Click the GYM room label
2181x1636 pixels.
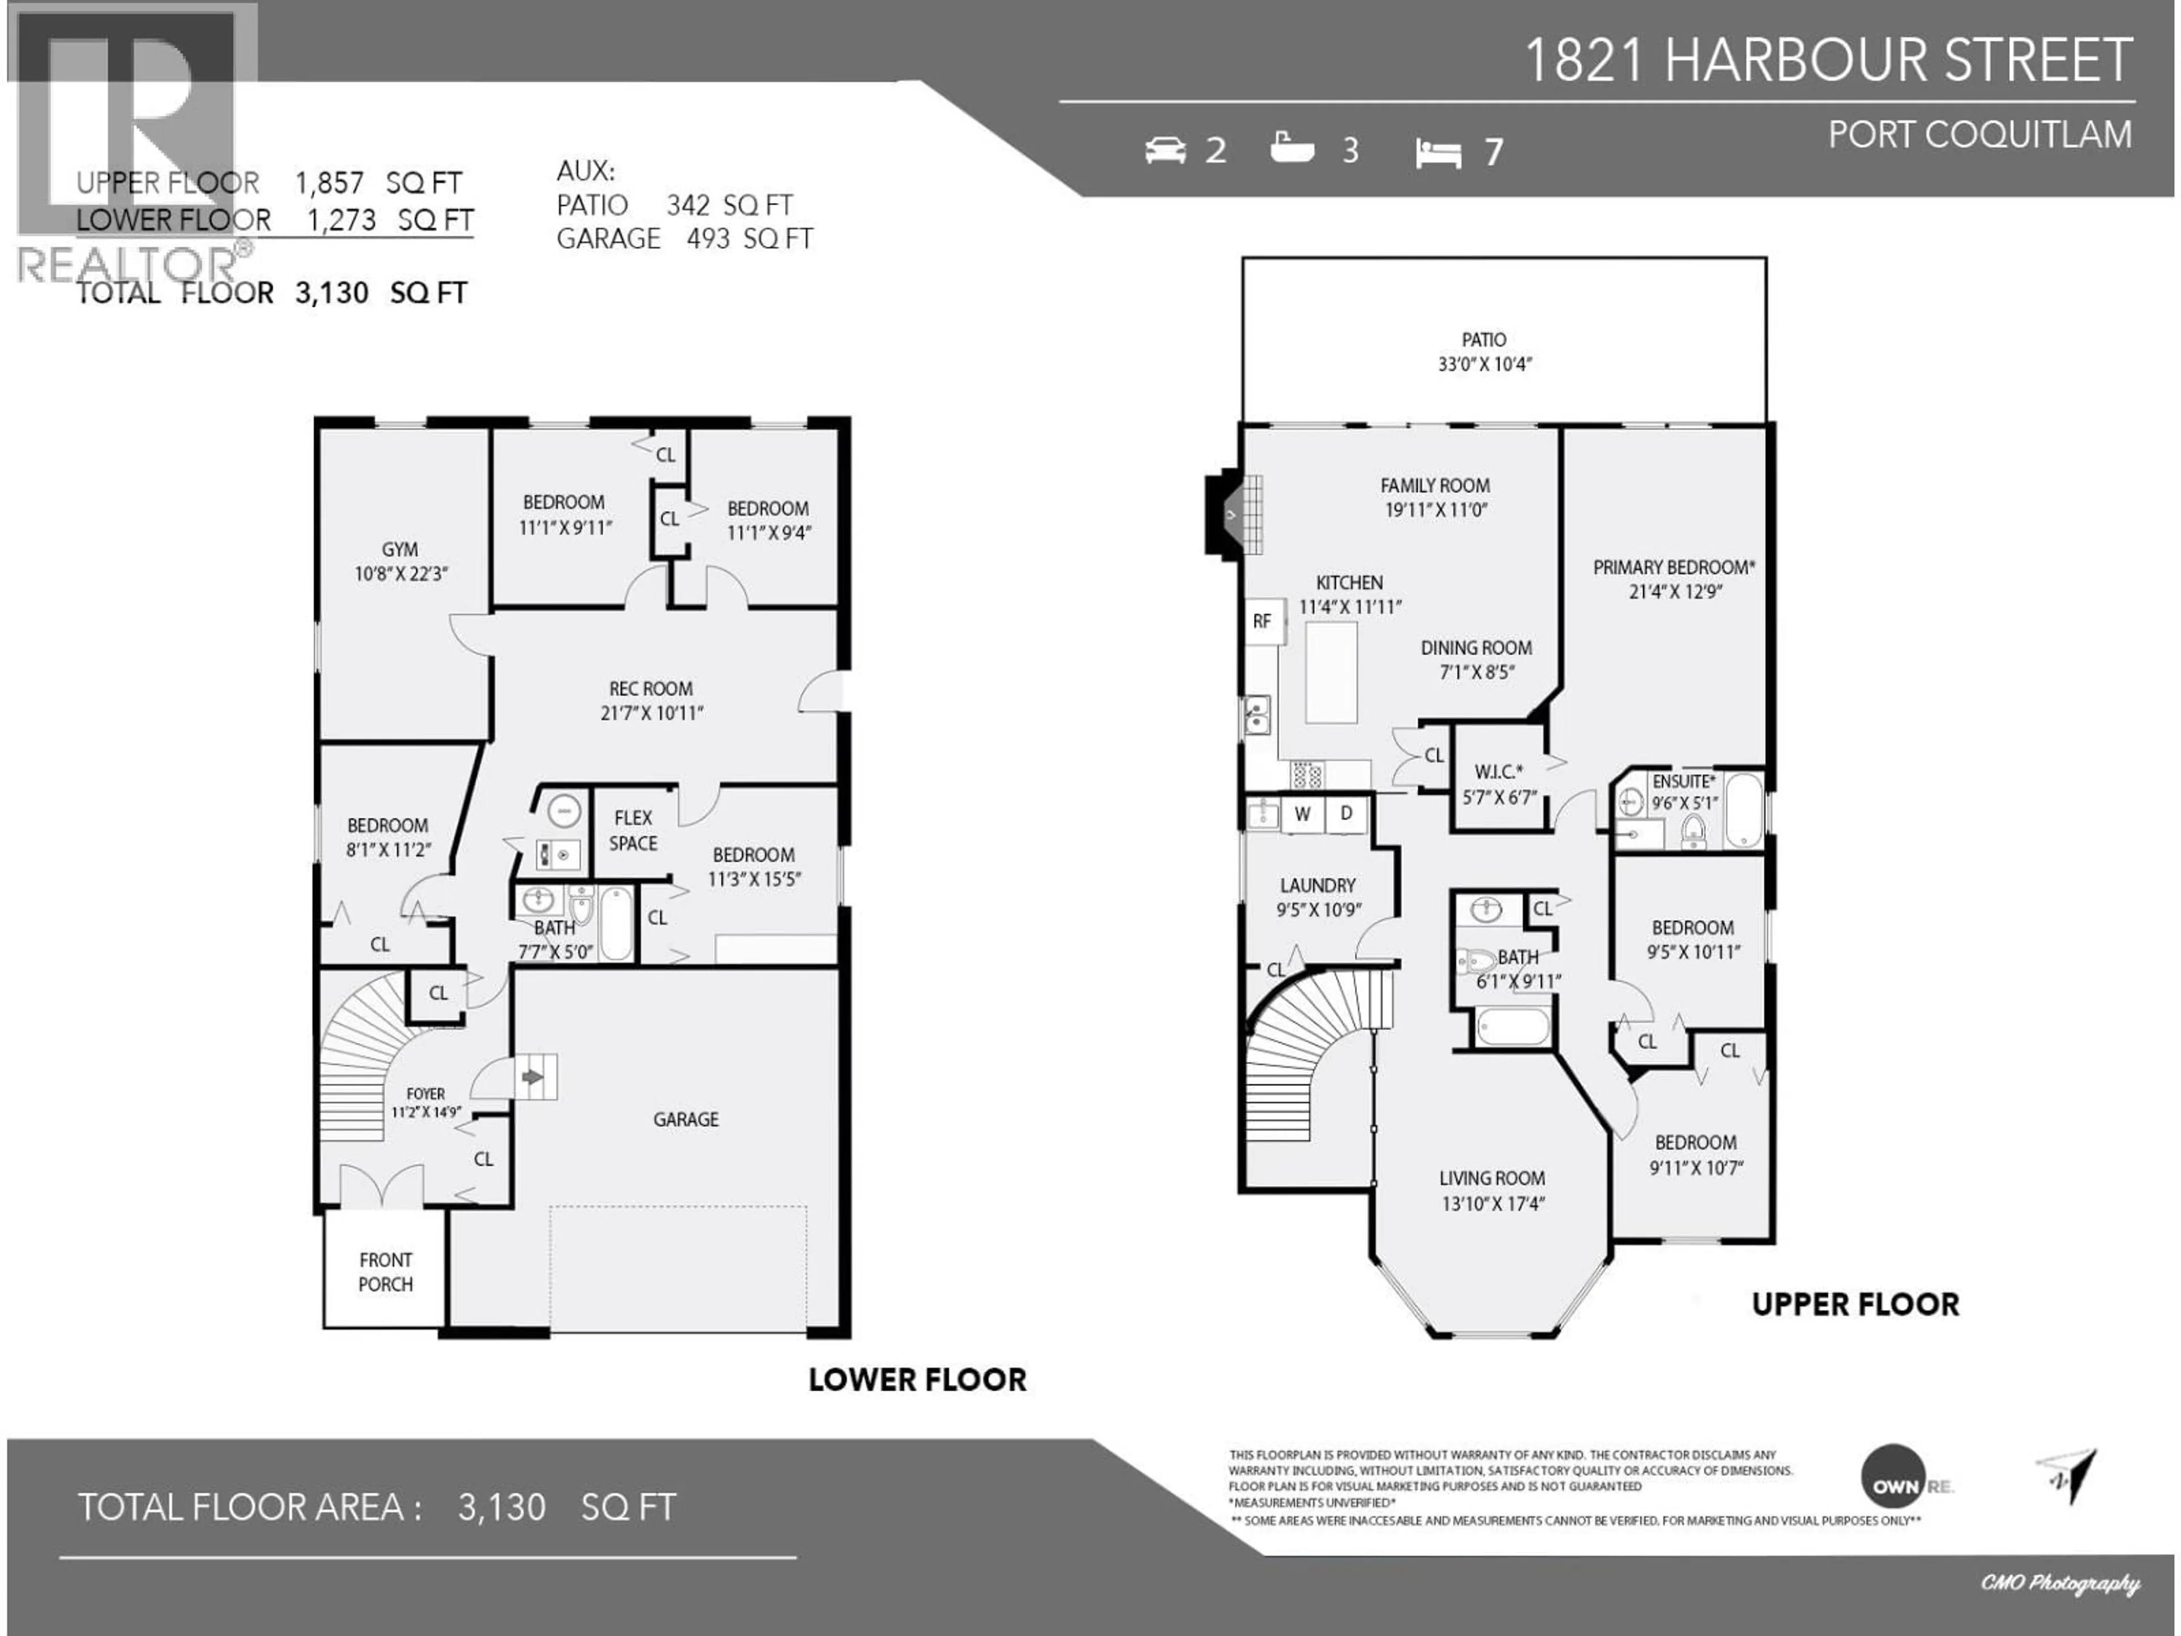click(x=399, y=549)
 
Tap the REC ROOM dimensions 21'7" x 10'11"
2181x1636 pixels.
click(x=651, y=713)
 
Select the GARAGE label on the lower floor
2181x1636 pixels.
click(x=686, y=1119)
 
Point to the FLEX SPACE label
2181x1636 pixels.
click(x=633, y=830)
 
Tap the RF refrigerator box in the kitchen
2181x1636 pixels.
click(x=1262, y=621)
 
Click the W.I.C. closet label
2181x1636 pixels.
click(x=1498, y=771)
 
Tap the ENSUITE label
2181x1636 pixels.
click(x=1683, y=781)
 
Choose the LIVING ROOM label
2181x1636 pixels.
click(x=1492, y=1179)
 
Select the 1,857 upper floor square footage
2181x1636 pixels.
click(x=329, y=182)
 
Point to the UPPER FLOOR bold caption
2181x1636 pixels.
click(x=1854, y=1305)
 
